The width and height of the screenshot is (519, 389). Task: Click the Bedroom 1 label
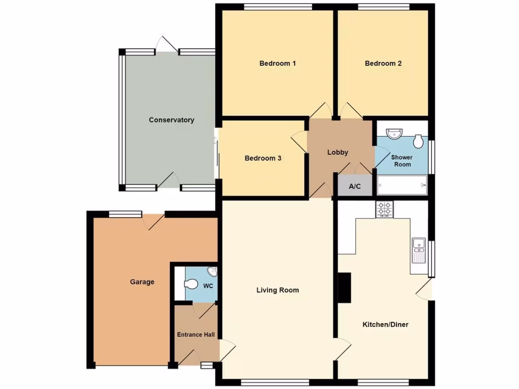click(277, 63)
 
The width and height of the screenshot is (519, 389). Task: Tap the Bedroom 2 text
click(383, 63)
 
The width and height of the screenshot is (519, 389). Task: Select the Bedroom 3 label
click(263, 158)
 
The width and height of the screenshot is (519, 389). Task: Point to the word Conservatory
click(171, 120)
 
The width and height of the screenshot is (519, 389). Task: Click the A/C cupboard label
click(355, 186)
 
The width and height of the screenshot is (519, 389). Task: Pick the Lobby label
click(338, 152)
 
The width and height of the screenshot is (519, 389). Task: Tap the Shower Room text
click(401, 161)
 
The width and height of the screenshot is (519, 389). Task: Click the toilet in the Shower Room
click(418, 141)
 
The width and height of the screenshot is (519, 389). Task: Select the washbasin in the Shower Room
click(394, 133)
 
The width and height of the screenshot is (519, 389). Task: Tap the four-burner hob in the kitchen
click(384, 209)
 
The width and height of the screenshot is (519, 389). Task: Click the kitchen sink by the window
click(419, 250)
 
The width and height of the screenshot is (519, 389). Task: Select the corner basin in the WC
click(212, 272)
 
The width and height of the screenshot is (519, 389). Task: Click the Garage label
click(142, 282)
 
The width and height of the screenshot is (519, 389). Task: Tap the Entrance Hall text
click(196, 334)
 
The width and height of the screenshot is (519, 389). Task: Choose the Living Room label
click(277, 290)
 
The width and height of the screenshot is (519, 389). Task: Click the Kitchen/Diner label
click(385, 324)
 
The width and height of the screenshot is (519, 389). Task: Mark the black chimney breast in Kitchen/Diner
click(345, 288)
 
